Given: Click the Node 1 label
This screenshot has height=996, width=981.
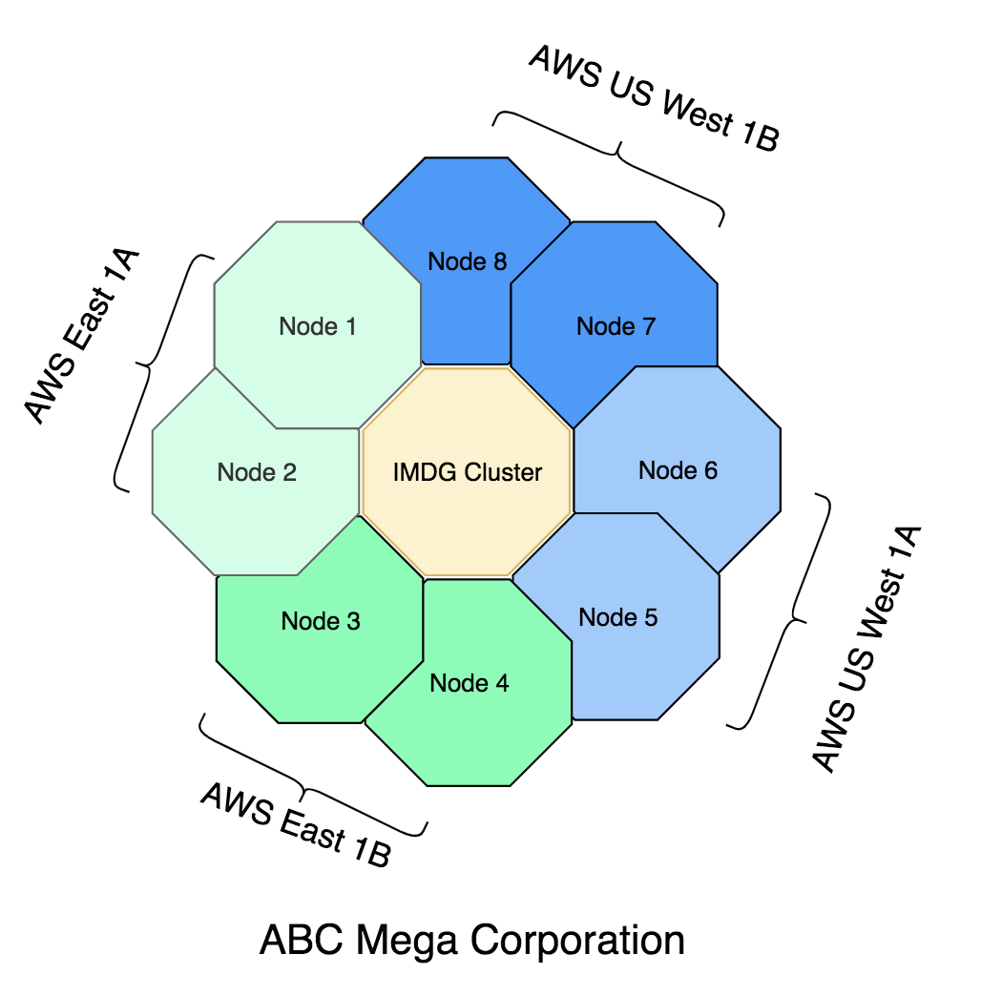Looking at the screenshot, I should pyautogui.click(x=318, y=326).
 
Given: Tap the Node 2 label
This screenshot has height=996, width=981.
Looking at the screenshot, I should pyautogui.click(x=257, y=471).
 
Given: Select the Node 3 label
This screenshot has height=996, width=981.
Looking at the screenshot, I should pyautogui.click(x=321, y=622).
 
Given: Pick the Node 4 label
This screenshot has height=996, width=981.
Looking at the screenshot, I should pyautogui.click(x=470, y=683).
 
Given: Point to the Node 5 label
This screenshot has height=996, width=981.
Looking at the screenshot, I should pyautogui.click(x=618, y=617).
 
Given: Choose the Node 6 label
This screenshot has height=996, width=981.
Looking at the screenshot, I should pyautogui.click(x=678, y=469).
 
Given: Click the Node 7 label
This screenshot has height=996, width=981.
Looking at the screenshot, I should pyautogui.click(x=616, y=326).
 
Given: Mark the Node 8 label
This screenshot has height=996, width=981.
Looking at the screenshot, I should pyautogui.click(x=468, y=260).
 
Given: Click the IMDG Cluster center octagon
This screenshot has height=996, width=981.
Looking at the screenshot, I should pyautogui.click(x=468, y=471).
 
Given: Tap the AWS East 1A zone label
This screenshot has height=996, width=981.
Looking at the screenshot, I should pyautogui.click(x=82, y=336).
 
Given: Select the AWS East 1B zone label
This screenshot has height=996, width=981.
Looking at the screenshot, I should pyautogui.click(x=296, y=823).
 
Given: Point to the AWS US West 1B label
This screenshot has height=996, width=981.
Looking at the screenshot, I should pyautogui.click(x=655, y=98).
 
